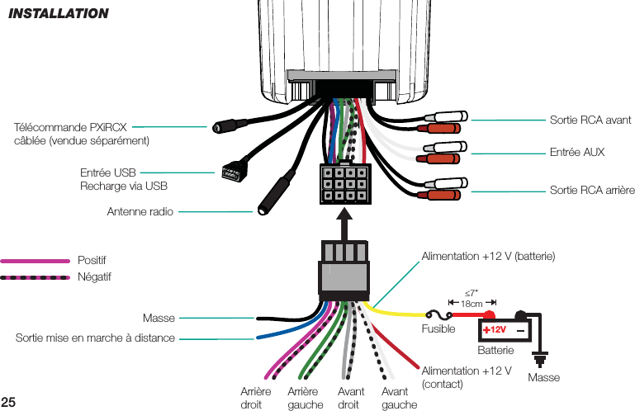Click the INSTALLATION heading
coord(59,13)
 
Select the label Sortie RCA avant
coord(590,120)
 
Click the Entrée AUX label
coord(576,153)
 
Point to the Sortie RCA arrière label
coord(591,191)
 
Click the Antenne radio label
coord(140,212)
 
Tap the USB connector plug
coord(230,172)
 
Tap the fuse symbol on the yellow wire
coord(441,314)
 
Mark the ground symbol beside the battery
coord(543,358)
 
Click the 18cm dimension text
coord(472,304)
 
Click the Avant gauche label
coord(400,398)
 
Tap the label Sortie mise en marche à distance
coord(95,338)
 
